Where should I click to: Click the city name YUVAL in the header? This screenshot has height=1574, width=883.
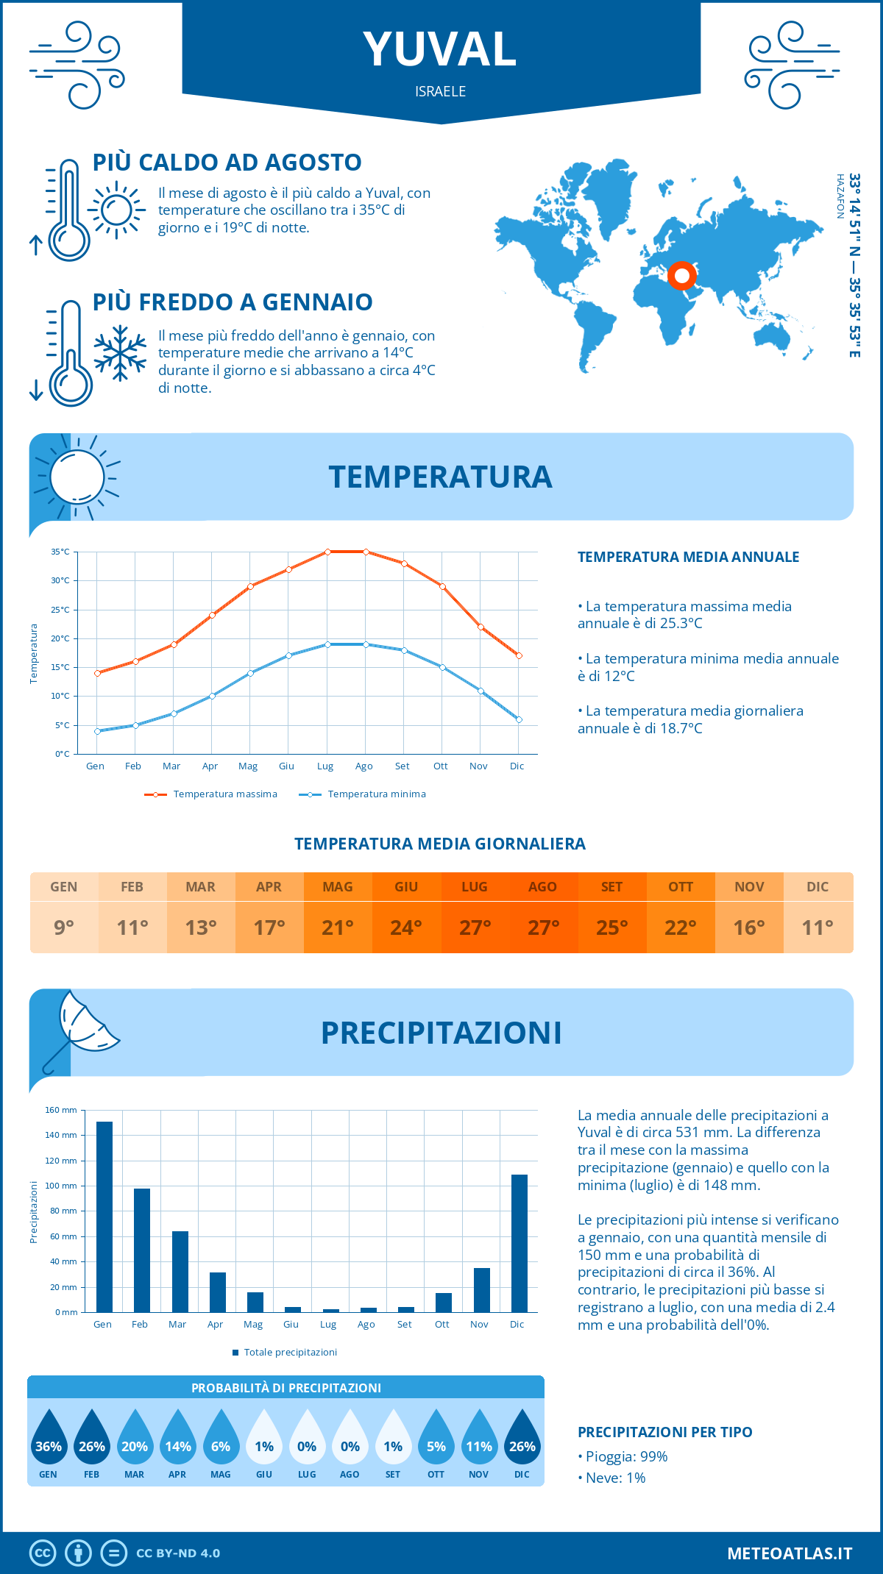coord(440,49)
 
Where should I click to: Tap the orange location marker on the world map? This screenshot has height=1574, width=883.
coord(682,276)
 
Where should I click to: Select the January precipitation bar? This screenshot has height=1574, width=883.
coord(104,1217)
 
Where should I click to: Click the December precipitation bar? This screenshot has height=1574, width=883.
coord(519,1243)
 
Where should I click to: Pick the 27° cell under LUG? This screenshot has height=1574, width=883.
coord(475,927)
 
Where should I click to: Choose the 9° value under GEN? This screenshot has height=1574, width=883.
coord(64,927)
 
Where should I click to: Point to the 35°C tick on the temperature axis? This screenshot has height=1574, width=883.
coord(60,552)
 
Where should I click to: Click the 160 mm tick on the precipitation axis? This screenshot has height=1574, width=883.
coord(62,1110)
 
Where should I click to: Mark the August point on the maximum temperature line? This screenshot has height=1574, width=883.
coord(366,552)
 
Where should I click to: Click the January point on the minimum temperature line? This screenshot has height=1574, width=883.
coord(97,731)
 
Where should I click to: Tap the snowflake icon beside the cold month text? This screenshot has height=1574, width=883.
coord(120,353)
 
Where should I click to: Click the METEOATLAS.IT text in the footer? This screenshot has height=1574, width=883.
coord(790,1553)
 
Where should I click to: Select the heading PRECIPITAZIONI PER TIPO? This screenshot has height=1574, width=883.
coord(665,1432)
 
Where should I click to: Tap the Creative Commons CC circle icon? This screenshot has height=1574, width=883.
coord(43,1553)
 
